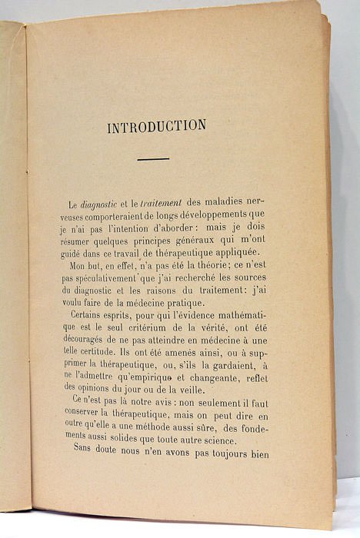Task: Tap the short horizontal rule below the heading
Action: (154, 159)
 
